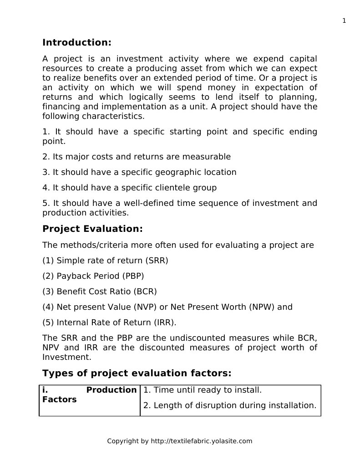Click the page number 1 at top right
click(x=344, y=20)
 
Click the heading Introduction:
click(x=76, y=43)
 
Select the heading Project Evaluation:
click(x=92, y=229)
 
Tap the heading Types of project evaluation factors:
click(x=137, y=374)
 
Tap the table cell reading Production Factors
click(x=89, y=395)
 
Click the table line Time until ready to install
click(x=203, y=390)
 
